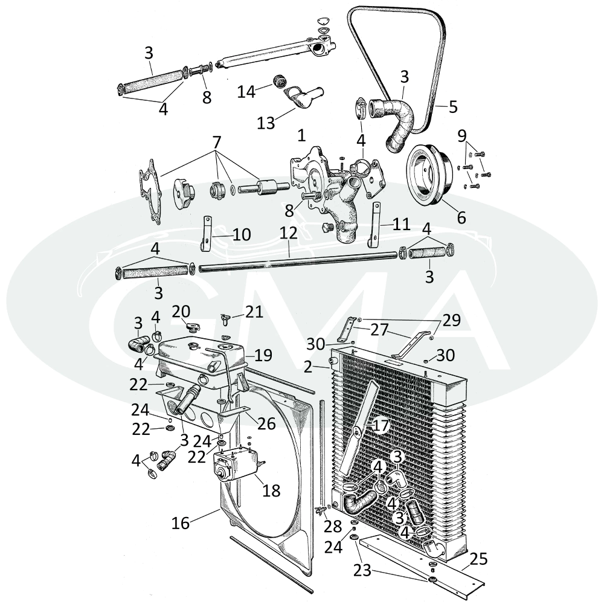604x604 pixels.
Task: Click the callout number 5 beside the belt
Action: pos(453,106)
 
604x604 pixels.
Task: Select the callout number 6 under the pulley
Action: pos(461,217)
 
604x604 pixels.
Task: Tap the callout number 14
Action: pos(246,92)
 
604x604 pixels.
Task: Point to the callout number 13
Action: pos(266,123)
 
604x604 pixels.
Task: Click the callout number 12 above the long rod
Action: pos(289,233)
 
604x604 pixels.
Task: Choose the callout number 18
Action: pos(271,490)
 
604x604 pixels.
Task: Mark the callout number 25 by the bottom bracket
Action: pos(478,559)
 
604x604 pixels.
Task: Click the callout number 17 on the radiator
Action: pos(381,426)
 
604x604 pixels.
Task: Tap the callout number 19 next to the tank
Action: pos(263,355)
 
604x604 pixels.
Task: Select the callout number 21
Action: pos(254,312)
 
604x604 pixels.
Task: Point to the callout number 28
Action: pos(332,526)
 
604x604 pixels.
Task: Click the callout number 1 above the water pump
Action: pos(301,135)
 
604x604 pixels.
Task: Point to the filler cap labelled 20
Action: pos(193,327)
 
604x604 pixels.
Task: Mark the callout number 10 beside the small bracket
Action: pos(242,234)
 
